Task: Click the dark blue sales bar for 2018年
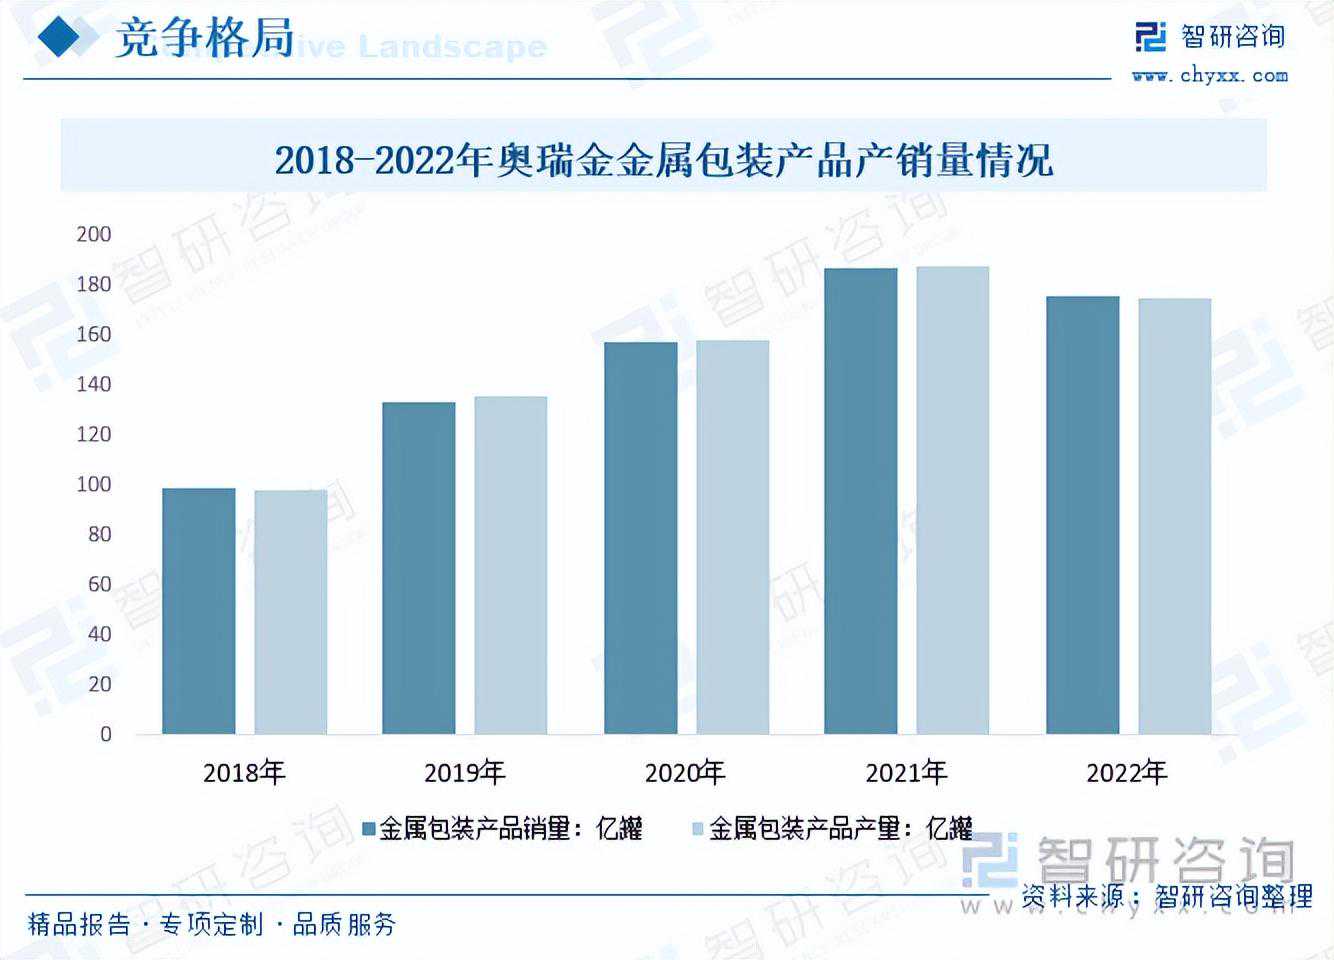tap(199, 611)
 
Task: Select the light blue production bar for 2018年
tap(290, 612)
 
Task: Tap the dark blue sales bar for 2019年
tap(419, 568)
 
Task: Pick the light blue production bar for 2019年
tap(510, 565)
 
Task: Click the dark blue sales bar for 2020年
tap(641, 538)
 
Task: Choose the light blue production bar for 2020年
tap(732, 537)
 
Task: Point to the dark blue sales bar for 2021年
tap(861, 501)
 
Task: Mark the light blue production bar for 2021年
tap(952, 500)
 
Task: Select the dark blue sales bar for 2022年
tap(1083, 515)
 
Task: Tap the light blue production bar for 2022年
tap(1174, 516)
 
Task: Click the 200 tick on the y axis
tap(94, 234)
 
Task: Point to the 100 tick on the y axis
tap(94, 484)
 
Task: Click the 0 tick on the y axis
tap(105, 734)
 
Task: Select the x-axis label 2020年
tap(685, 772)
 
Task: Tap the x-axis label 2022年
tap(1127, 772)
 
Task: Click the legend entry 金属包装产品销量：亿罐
tap(502, 828)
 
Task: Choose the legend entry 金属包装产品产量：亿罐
tap(832, 828)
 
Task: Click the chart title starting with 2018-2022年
tap(664, 159)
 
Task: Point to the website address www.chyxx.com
tap(1209, 75)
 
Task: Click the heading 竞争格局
tap(205, 40)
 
